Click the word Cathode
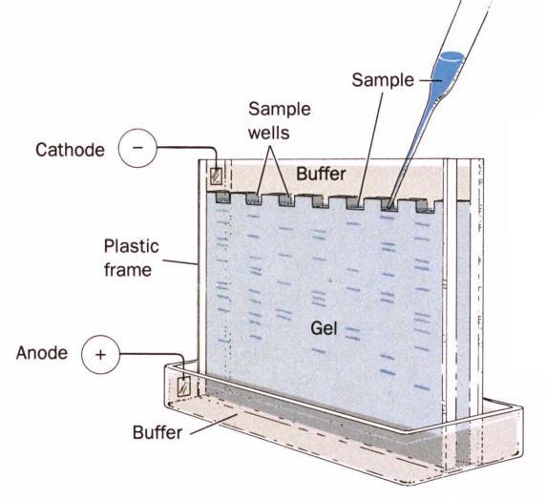coord(70,150)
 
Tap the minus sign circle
coord(137,148)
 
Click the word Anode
coord(42,353)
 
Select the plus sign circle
coord(100,355)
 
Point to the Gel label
coord(324,328)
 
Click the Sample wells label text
coord(280,121)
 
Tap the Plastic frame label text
coord(132,258)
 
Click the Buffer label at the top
coord(321,174)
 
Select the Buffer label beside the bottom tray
coord(157,432)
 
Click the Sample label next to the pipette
coord(383,80)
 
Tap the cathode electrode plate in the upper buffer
coord(217,176)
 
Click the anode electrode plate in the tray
coord(183,386)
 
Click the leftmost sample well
coord(222,198)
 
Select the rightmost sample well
coord(426,206)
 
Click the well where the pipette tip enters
coord(389,204)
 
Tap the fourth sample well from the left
coord(320,201)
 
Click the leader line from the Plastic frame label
coord(180,262)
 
